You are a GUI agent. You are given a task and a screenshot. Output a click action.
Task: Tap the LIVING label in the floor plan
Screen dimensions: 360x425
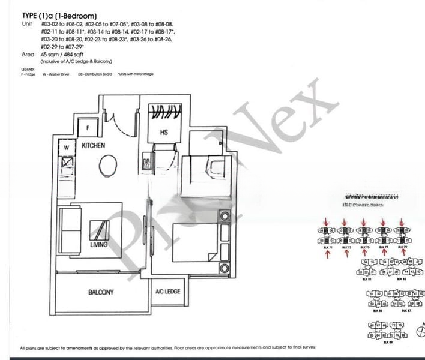[99, 245]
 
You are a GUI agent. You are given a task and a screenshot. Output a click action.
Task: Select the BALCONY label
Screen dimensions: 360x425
[101, 292]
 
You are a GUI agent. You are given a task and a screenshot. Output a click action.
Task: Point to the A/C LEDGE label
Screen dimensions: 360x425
[168, 292]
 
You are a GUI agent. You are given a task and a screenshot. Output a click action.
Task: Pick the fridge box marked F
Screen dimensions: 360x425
[88, 128]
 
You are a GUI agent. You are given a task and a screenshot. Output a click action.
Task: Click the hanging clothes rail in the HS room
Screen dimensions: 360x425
[164, 111]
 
